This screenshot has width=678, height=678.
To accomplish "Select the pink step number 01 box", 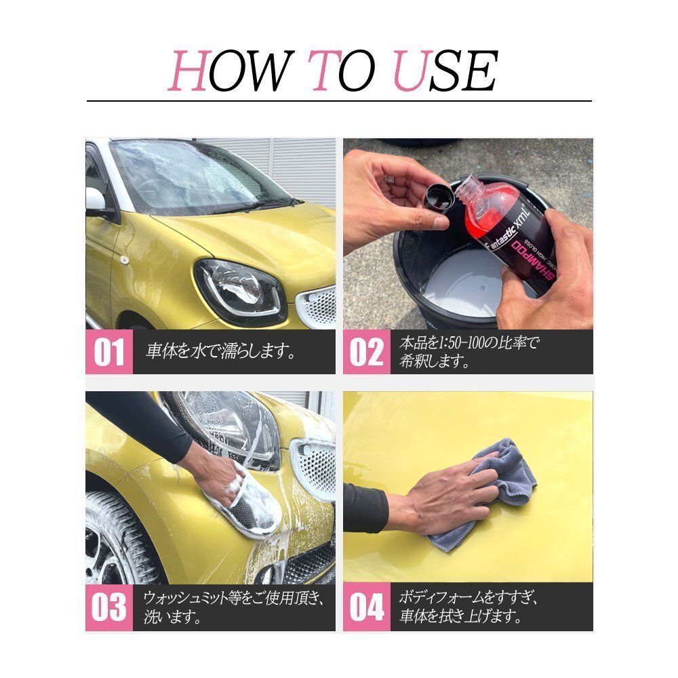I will (x=109, y=352).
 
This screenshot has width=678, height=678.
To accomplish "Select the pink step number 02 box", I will (x=366, y=352).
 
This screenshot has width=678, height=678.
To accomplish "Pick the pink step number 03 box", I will (x=109, y=608).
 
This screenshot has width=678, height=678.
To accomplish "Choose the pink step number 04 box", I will (x=366, y=608).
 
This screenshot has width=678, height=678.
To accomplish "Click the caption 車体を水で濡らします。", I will (x=221, y=352).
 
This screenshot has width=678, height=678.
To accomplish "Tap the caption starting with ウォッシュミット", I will (x=234, y=599).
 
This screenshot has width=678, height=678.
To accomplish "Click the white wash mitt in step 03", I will (x=244, y=502).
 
